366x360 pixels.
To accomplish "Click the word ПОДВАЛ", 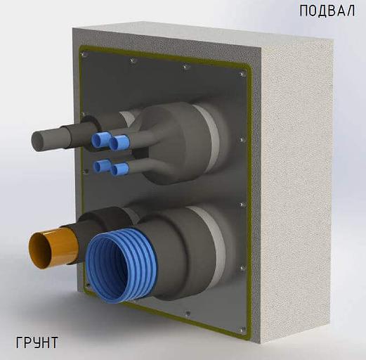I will pyautogui.click(x=328, y=11).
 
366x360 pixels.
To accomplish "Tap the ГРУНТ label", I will pyautogui.click(x=37, y=343).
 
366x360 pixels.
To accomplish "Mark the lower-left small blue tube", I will pyautogui.click(x=103, y=167).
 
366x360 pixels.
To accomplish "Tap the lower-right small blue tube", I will pyautogui.click(x=119, y=169).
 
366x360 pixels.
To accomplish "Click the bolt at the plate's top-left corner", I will pyautogui.click(x=84, y=53).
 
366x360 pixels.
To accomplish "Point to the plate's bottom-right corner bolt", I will pyautogui.click(x=242, y=329).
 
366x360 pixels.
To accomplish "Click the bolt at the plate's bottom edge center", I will pyautogui.click(x=186, y=313).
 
